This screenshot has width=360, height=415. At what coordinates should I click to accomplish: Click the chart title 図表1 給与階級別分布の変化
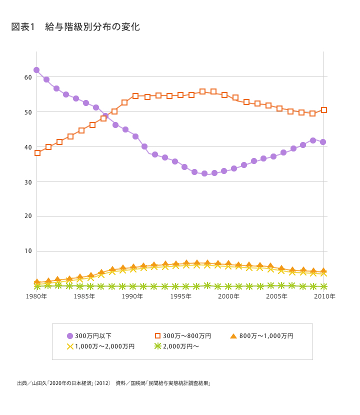75,27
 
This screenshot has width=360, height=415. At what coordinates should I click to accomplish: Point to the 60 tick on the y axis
28,77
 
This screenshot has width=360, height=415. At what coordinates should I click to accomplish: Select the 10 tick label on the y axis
28,251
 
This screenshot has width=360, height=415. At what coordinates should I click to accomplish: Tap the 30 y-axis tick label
28,182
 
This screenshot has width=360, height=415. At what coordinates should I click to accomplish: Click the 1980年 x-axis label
36,296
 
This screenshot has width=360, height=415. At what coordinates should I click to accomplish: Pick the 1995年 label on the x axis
180,296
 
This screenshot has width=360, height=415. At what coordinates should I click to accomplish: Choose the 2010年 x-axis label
324,296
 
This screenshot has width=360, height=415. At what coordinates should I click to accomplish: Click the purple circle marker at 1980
36,70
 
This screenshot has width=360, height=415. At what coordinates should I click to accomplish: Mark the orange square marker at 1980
37,153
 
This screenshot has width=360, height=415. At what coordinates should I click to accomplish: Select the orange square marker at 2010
324,110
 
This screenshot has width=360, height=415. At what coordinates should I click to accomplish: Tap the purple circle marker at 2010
323,142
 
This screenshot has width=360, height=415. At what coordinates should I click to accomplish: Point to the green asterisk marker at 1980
37,286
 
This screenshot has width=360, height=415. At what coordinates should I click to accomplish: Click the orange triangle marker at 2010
323,270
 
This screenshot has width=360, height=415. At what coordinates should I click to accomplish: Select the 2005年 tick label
276,296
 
